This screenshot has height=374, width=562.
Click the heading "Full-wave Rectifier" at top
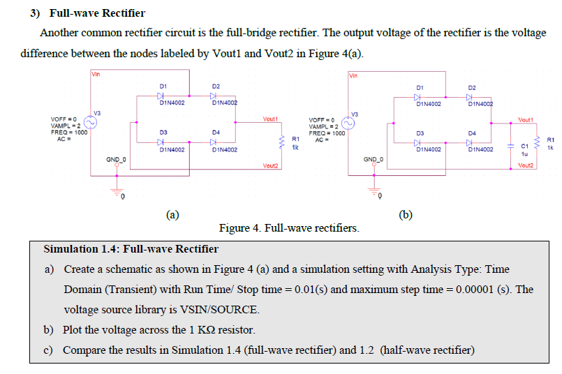click(96, 13)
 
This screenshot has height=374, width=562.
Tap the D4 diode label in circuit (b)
click(473, 132)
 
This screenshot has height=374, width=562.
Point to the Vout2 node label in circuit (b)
click(526, 165)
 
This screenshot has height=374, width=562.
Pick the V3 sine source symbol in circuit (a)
click(91, 122)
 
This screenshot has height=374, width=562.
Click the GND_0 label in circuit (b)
click(373, 160)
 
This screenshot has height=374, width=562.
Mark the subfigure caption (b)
click(405, 214)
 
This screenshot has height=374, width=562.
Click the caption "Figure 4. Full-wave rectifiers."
click(289, 228)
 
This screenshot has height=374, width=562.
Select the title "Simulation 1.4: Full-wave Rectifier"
click(131, 249)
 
